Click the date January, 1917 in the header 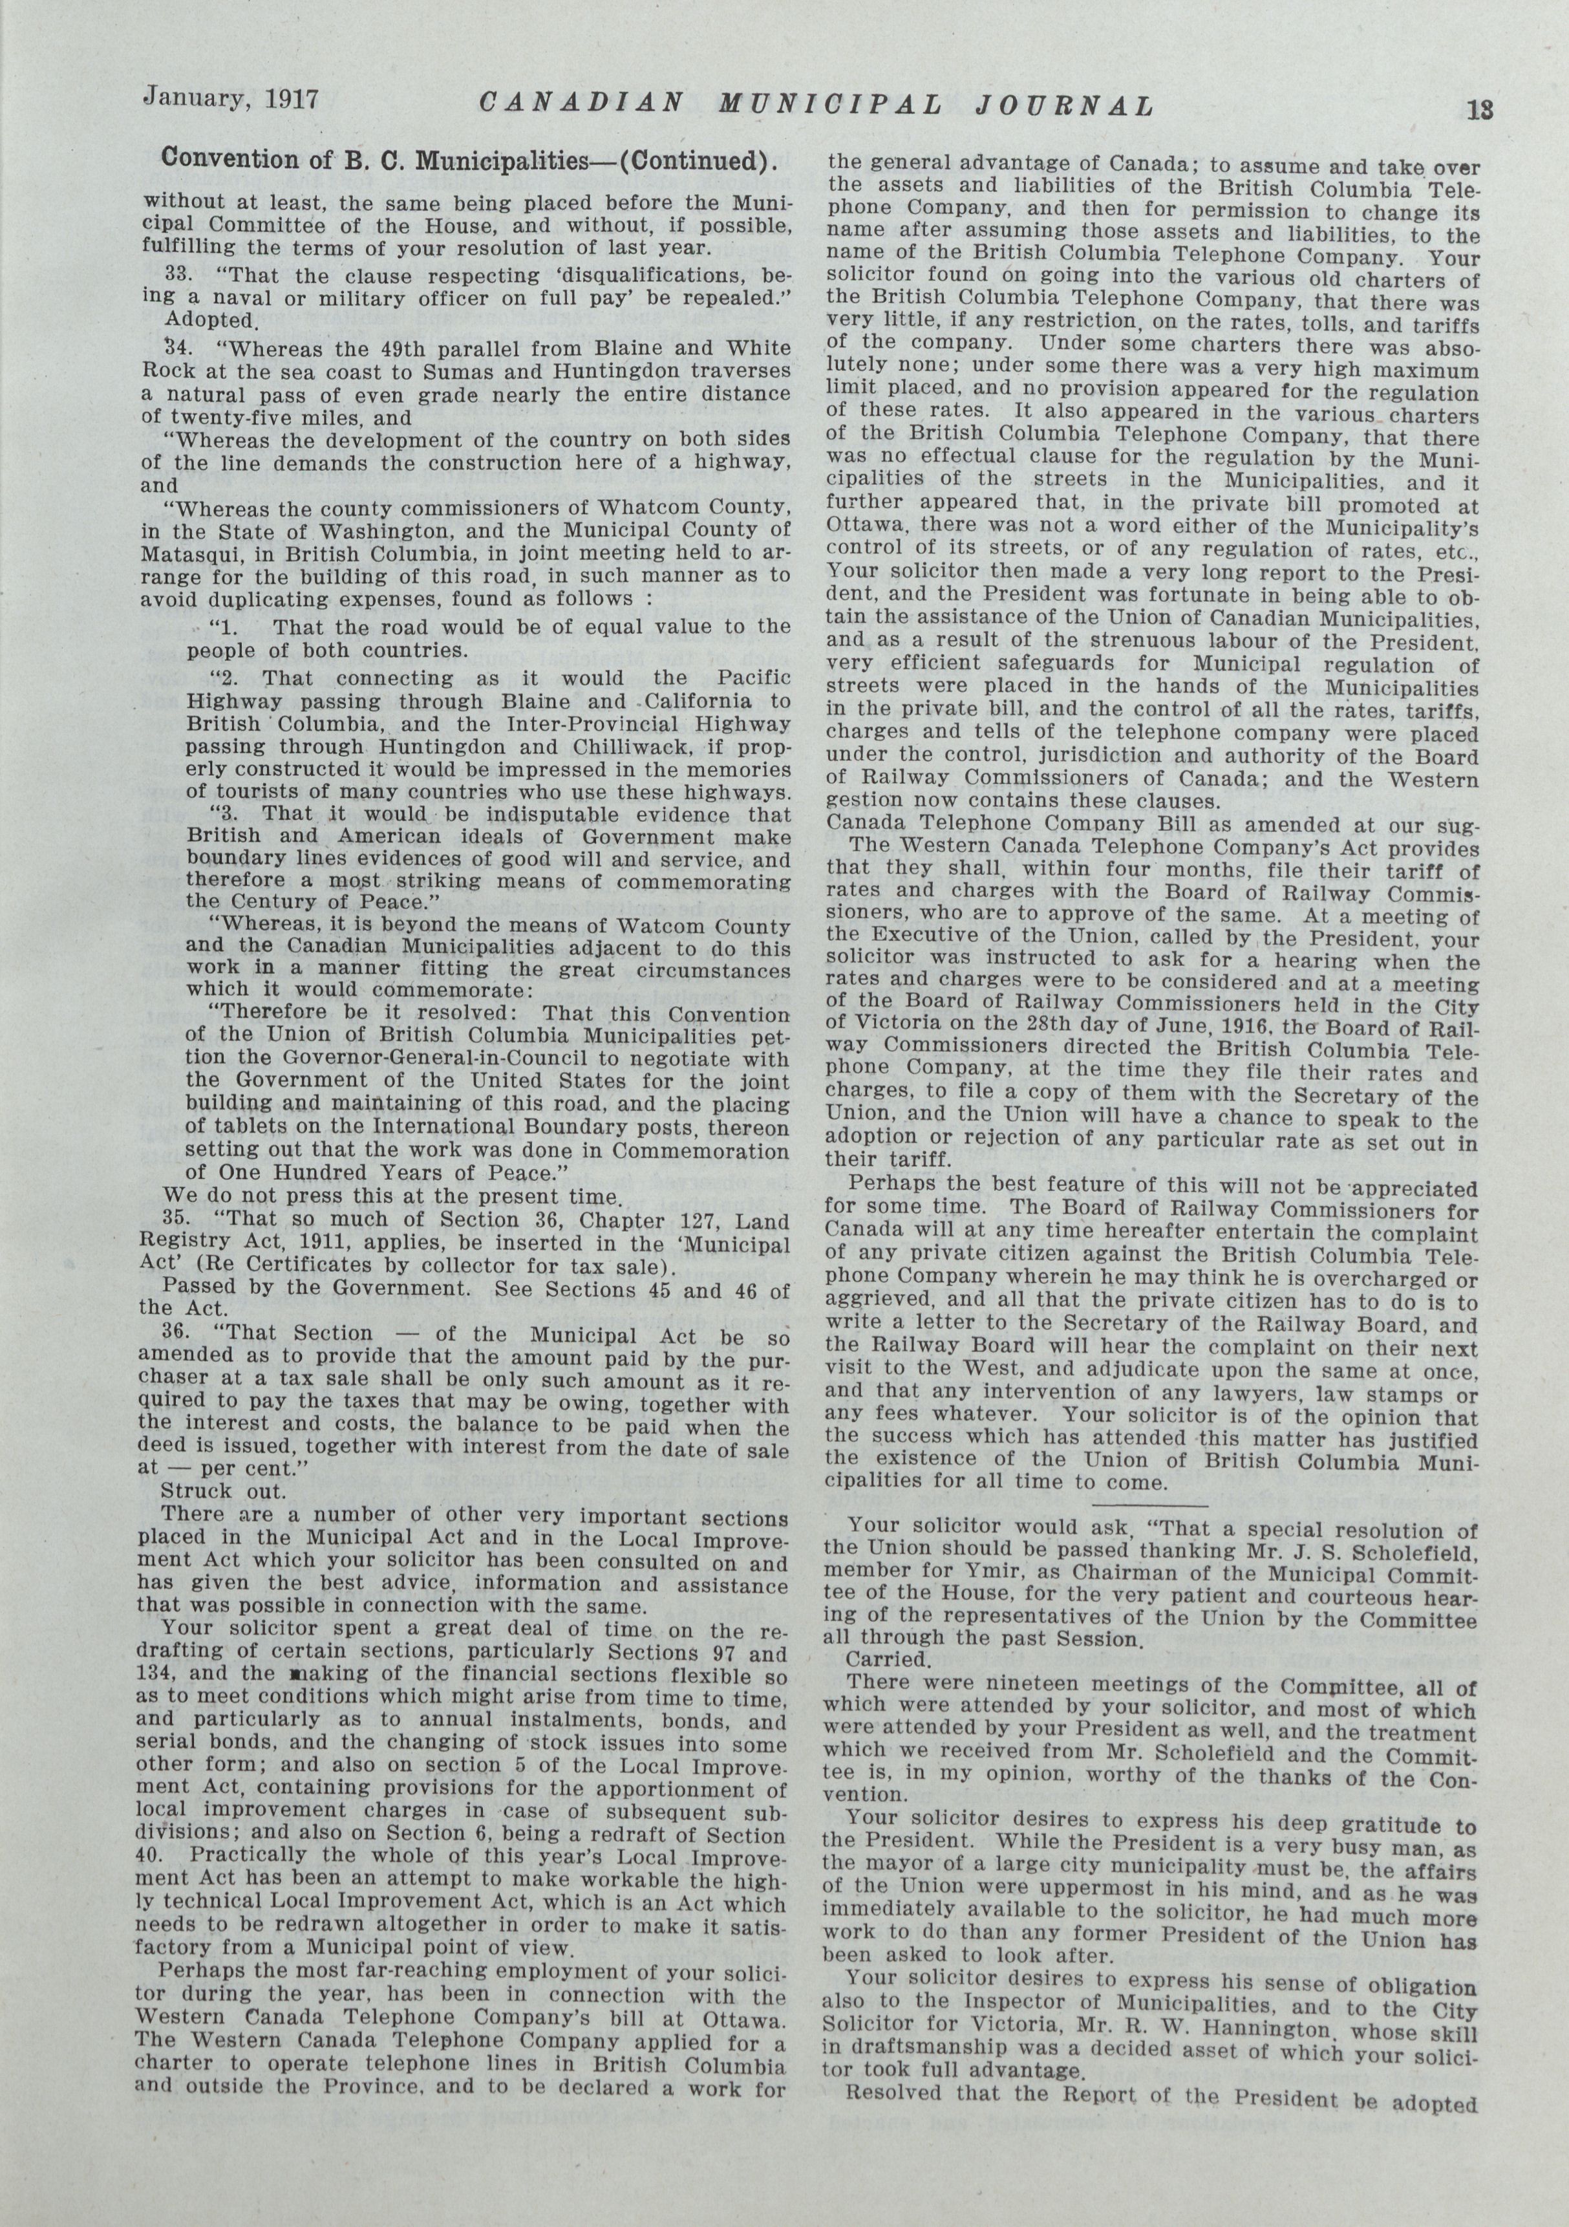click(x=230, y=97)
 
